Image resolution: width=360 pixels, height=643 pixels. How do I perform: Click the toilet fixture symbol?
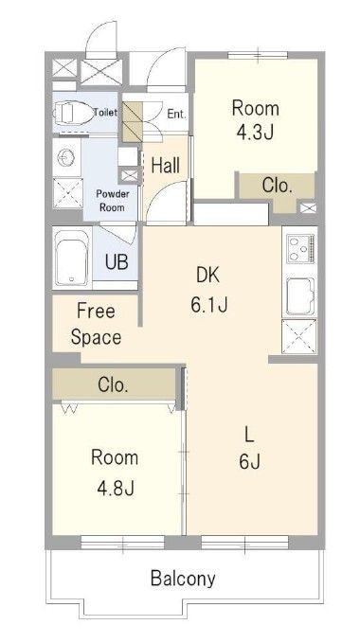click(72, 112)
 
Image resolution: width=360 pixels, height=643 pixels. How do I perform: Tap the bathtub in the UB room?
click(72, 258)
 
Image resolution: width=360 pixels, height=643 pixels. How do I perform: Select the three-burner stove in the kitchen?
click(300, 248)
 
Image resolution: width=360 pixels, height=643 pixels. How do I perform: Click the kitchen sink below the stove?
click(300, 297)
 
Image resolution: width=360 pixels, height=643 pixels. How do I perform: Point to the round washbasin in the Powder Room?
click(65, 158)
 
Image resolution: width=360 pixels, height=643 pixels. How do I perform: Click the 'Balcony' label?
click(183, 579)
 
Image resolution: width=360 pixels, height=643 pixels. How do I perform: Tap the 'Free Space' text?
click(97, 325)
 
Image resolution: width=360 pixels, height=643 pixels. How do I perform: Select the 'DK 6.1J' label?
click(208, 291)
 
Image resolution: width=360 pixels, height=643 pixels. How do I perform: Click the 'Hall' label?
click(166, 166)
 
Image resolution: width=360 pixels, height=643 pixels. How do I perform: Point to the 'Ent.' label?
click(177, 114)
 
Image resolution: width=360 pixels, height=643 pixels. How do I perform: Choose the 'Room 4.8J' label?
click(115, 473)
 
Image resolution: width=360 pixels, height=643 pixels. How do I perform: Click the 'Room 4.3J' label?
click(256, 120)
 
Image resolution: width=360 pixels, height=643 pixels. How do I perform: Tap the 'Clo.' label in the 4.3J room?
click(278, 187)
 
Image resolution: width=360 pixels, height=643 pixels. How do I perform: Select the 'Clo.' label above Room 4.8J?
click(113, 385)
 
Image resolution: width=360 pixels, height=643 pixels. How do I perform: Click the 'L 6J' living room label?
click(250, 448)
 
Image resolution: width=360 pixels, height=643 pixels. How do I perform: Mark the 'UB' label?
click(117, 262)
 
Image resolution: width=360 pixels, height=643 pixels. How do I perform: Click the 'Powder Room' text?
click(113, 201)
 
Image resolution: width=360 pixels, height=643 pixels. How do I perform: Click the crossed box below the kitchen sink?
click(299, 336)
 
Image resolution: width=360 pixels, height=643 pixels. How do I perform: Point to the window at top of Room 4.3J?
click(258, 55)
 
